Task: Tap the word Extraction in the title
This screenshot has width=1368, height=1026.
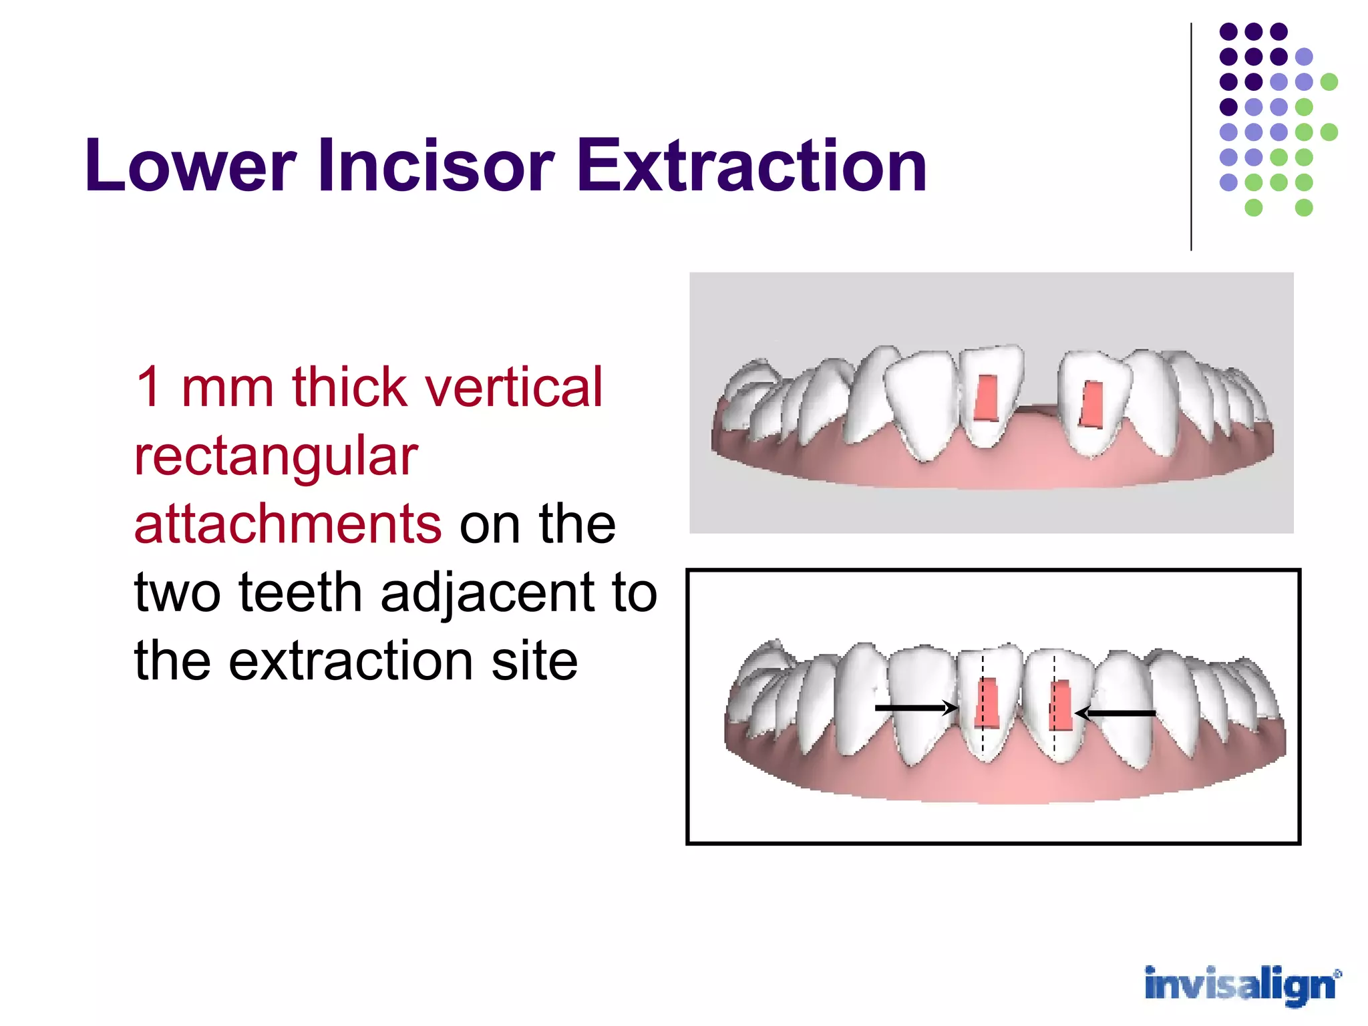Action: click(752, 165)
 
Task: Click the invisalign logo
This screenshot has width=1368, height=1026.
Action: click(1242, 985)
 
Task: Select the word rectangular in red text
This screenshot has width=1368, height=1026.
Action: click(276, 456)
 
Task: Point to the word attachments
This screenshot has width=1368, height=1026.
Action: click(288, 524)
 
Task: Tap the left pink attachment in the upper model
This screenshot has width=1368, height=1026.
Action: click(986, 398)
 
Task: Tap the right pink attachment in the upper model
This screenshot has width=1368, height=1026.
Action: click(1092, 404)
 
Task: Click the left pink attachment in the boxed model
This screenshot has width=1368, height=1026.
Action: click(987, 703)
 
